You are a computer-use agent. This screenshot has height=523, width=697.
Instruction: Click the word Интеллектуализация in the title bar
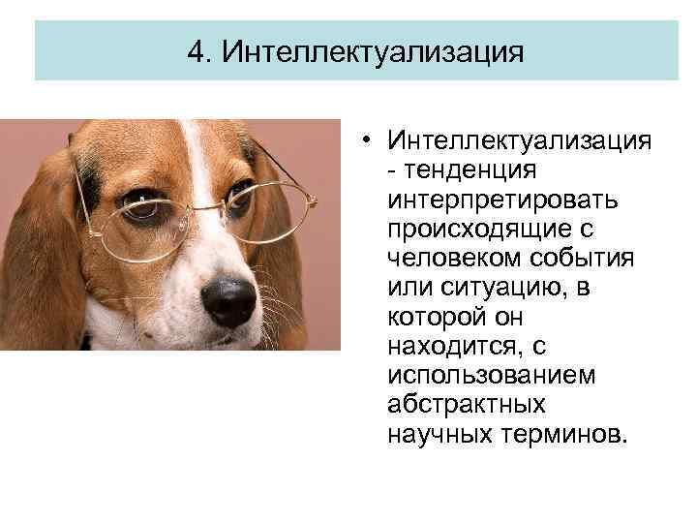point(372,50)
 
